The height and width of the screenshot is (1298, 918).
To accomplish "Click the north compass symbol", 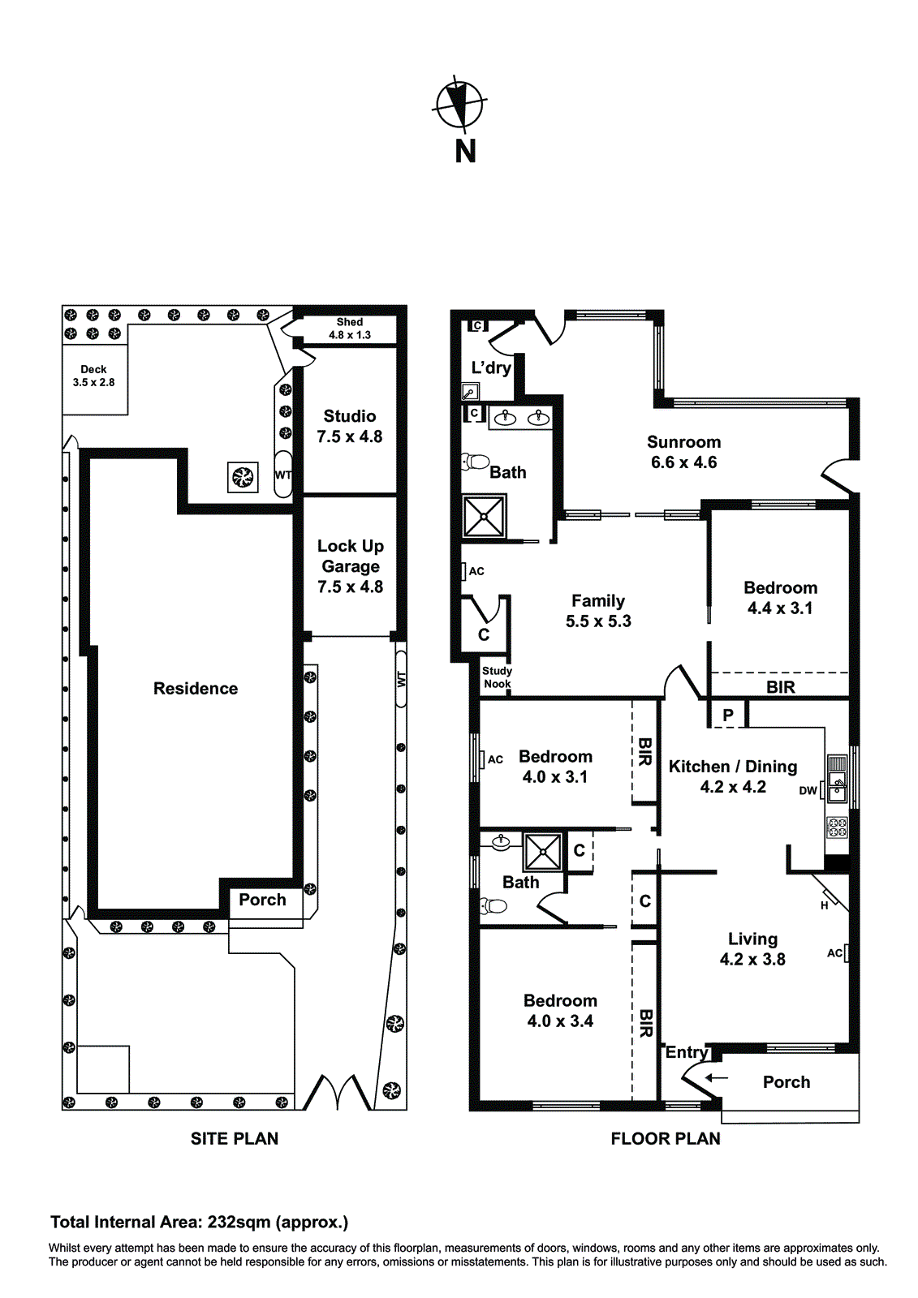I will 460,104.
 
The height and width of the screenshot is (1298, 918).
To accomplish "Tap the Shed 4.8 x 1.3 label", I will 350,329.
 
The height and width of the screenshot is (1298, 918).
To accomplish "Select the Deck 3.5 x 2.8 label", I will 93,376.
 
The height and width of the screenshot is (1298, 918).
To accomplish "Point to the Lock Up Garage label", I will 350,565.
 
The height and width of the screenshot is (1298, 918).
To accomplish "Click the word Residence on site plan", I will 196,689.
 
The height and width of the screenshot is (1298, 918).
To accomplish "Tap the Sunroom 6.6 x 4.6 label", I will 683,452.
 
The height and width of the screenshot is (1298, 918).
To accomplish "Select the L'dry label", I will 491,367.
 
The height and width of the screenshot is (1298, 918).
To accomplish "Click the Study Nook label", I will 497,677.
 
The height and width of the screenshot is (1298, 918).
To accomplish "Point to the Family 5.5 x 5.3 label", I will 598,611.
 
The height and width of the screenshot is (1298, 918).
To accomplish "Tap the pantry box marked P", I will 728,716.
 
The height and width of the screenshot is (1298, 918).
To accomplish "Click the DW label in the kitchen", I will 808,791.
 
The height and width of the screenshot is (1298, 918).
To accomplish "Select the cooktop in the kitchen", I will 837,827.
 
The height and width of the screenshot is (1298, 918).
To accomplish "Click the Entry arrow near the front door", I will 716,1078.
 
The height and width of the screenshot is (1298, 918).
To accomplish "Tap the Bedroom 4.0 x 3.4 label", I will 560,1011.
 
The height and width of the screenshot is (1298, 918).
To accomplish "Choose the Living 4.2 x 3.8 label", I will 752,949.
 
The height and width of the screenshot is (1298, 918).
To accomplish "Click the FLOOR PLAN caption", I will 665,1139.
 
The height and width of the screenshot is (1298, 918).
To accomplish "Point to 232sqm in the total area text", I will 239,1223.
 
